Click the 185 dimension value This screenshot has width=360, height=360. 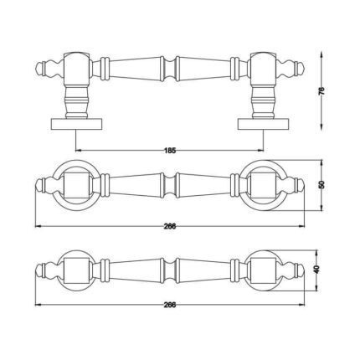(170, 151)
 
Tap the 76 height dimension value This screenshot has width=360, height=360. (321, 91)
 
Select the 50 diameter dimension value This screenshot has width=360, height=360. (321, 185)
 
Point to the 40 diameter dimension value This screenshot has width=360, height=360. (316, 270)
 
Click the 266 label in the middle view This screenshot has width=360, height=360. (170, 226)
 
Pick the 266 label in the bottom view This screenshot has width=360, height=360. (170, 305)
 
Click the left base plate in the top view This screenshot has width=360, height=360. (76, 124)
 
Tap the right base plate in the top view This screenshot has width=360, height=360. (263, 124)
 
